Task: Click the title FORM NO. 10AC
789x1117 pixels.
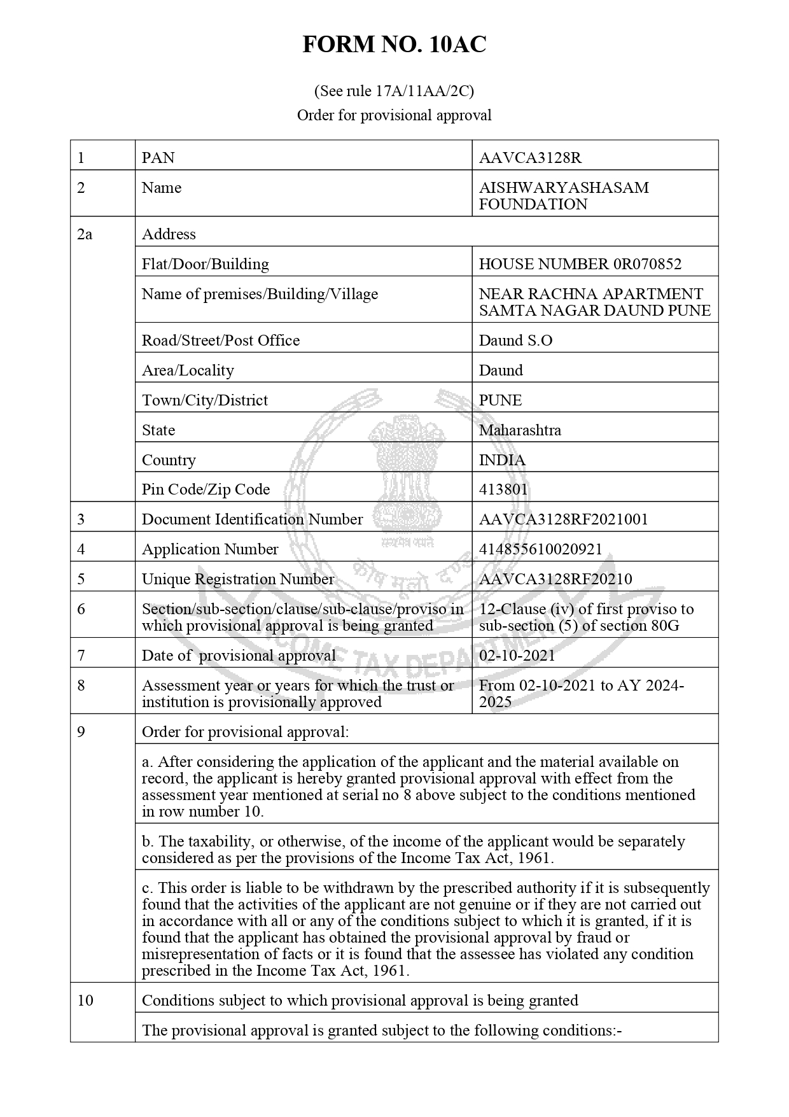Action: (x=394, y=45)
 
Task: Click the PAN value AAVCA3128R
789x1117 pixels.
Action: (x=521, y=157)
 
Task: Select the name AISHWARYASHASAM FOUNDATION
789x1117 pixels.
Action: (x=564, y=195)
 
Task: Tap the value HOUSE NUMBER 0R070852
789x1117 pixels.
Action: (x=580, y=263)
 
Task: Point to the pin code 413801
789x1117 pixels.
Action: (x=503, y=489)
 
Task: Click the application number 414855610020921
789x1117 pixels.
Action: (x=540, y=549)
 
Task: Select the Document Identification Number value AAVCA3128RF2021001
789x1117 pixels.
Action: (x=563, y=519)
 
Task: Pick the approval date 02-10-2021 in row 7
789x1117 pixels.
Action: (x=517, y=655)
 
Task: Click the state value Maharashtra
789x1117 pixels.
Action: (x=520, y=430)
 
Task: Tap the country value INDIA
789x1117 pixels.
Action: (x=502, y=460)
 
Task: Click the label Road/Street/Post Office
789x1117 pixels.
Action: (x=220, y=340)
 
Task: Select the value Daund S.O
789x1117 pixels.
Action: (x=515, y=340)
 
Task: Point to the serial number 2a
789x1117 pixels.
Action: (x=85, y=234)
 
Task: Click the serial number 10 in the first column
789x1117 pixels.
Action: (x=85, y=1000)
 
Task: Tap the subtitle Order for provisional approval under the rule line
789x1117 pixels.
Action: (x=394, y=115)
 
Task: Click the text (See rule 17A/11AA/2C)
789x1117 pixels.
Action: (x=394, y=91)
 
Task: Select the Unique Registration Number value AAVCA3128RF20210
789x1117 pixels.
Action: (x=555, y=579)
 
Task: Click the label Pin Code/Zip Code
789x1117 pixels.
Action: (x=206, y=489)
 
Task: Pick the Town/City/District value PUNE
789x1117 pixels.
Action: (x=500, y=400)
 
